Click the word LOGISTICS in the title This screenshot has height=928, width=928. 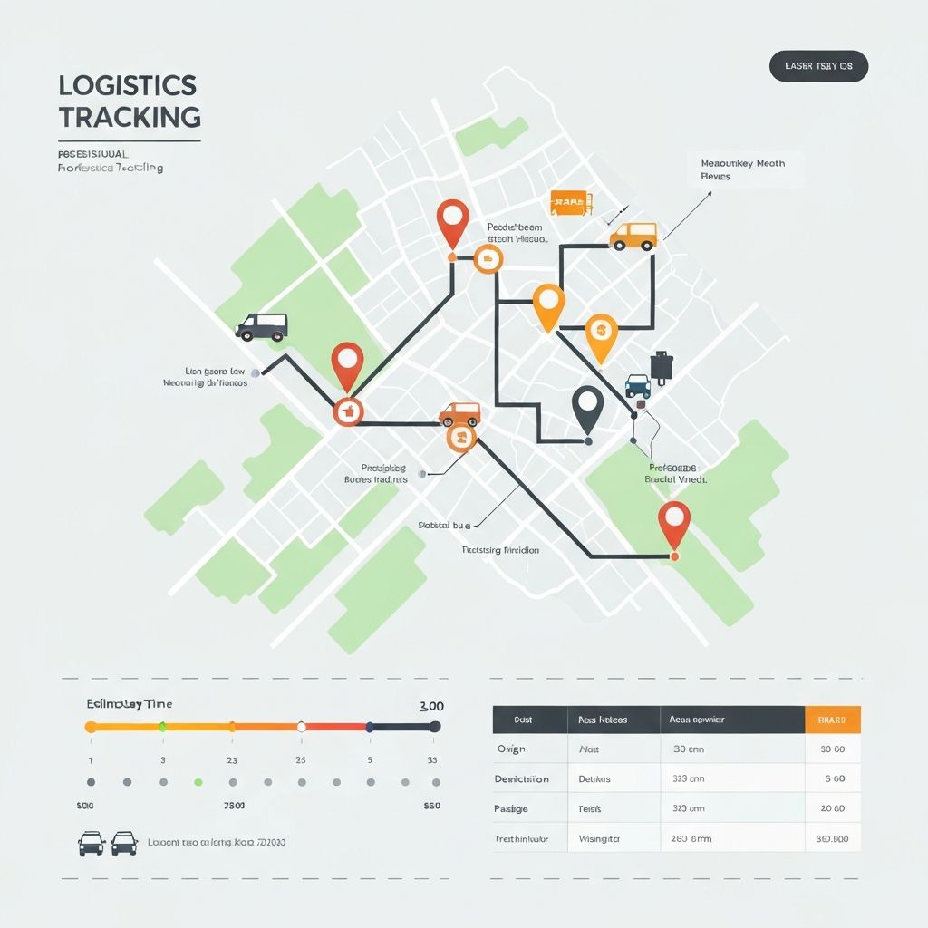tap(127, 85)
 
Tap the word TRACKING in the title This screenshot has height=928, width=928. tap(130, 117)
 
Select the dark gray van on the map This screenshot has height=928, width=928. tap(262, 326)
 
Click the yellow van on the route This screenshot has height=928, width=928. tap(633, 237)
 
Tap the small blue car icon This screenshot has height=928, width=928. tap(638, 385)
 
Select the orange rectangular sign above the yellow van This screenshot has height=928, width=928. tap(570, 203)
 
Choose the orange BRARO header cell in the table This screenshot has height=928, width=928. tap(832, 720)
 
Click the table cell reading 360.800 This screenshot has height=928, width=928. tap(832, 839)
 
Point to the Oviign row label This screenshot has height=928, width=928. tap(511, 749)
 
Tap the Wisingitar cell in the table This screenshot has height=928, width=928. tap(599, 839)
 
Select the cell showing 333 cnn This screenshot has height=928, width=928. tap(689, 778)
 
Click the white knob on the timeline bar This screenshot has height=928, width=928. tap(302, 727)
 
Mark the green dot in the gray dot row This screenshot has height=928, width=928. tap(198, 781)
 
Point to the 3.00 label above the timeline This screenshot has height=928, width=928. tap(431, 706)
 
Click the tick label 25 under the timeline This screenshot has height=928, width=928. tap(301, 760)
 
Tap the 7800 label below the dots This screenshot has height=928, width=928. tap(234, 805)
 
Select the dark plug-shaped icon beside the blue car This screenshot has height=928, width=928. tap(662, 364)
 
